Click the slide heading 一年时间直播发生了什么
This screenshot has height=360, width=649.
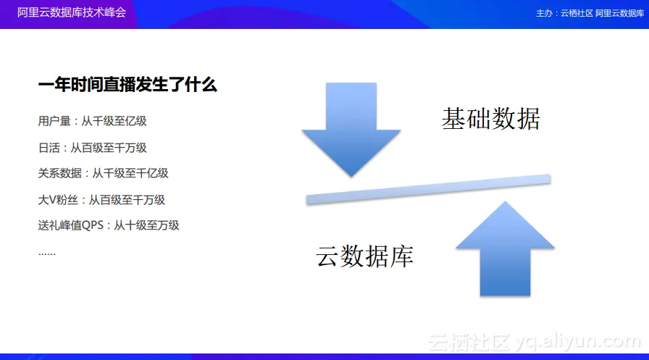pyautogui.click(x=127, y=85)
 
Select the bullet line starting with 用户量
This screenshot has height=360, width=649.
pyautogui.click(x=92, y=121)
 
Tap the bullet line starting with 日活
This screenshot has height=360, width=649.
pyautogui.click(x=92, y=148)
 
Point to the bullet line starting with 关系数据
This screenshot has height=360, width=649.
pyautogui.click(x=103, y=173)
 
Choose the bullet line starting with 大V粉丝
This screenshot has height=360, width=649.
pyautogui.click(x=101, y=200)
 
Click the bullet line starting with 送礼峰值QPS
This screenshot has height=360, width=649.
pyautogui.click(x=109, y=225)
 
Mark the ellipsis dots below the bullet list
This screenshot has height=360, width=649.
pyautogui.click(x=47, y=254)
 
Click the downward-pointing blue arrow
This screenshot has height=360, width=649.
pyautogui.click(x=351, y=128)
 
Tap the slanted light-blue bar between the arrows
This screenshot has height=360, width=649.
pyautogui.click(x=428, y=190)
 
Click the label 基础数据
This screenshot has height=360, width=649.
pyautogui.click(x=490, y=119)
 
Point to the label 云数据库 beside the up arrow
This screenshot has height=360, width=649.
pyautogui.click(x=364, y=256)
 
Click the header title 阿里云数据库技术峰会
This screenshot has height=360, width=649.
pyautogui.click(x=72, y=12)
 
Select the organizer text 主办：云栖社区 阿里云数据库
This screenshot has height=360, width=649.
pyautogui.click(x=590, y=13)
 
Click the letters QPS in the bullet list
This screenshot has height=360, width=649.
pyautogui.click(x=93, y=225)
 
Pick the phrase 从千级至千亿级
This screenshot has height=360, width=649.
pyautogui.click(x=130, y=173)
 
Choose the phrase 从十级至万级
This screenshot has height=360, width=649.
pyautogui.click(x=146, y=225)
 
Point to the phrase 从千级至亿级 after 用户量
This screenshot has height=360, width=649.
pyautogui.click(x=114, y=121)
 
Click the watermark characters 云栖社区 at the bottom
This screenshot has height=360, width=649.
pyautogui.click(x=469, y=343)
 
